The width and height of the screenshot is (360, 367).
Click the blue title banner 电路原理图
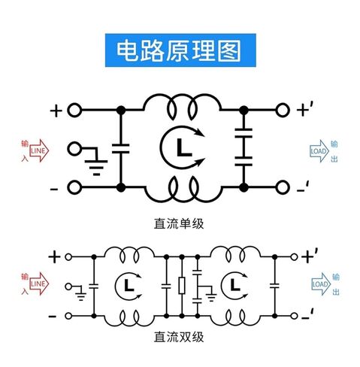tap(180, 50)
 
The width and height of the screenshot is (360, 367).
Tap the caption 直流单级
tap(179, 223)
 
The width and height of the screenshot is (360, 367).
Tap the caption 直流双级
tap(179, 337)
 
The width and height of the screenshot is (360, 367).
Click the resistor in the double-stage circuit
tap(182, 286)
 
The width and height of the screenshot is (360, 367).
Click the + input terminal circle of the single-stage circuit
tap(74, 110)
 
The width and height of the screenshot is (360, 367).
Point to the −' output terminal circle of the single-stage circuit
tap(283, 187)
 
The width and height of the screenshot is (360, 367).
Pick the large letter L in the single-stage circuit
tap(184, 147)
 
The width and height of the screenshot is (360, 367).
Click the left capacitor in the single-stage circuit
tap(121, 148)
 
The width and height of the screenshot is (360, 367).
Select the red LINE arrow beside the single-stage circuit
tap(39, 150)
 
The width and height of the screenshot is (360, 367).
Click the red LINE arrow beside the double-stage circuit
tap(39, 284)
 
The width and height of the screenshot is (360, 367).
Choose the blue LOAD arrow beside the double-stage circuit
tap(321, 284)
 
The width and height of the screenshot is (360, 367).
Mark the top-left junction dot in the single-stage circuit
tap(121, 110)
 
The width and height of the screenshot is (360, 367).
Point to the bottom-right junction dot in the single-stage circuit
tap(244, 187)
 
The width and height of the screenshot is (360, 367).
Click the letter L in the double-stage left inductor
tap(129, 285)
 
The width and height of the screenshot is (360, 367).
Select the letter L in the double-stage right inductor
tap(234, 285)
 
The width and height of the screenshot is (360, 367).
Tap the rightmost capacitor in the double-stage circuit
tap(274, 285)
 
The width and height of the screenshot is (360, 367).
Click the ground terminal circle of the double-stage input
tap(68, 287)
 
